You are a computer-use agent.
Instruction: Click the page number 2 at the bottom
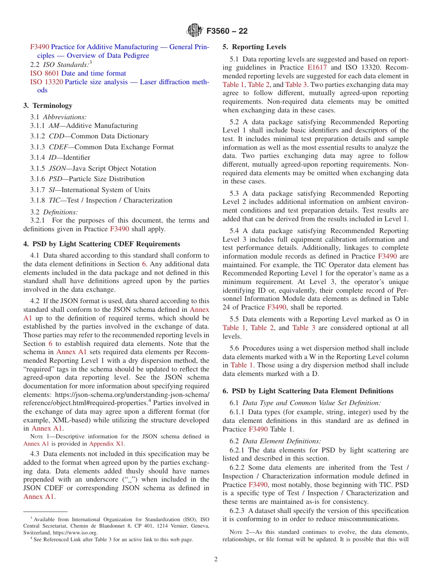point(216,559)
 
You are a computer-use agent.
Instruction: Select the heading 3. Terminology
point(48,106)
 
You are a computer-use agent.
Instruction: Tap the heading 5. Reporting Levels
point(254,47)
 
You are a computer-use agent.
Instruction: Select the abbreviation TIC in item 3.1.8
point(55,200)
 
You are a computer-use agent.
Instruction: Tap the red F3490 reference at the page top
point(40,47)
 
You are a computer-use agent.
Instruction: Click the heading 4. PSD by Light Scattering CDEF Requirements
point(101,244)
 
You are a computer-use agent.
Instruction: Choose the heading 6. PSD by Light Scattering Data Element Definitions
point(308,391)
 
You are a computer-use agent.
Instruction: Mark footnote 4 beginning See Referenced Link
point(114,539)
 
